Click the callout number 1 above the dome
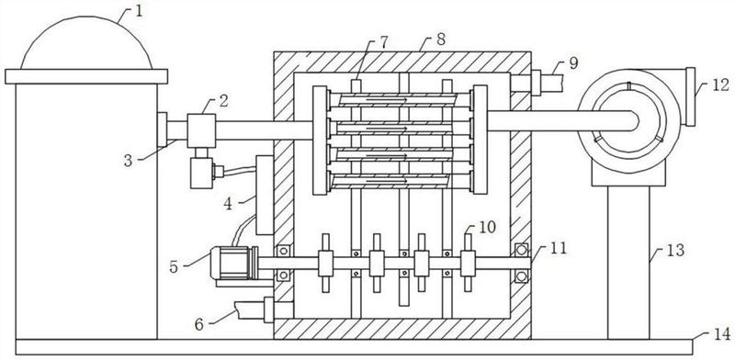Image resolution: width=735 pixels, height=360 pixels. pos(139,11)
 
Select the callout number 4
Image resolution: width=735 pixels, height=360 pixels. pos(228,204)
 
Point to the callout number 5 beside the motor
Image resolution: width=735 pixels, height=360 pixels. pos(174,266)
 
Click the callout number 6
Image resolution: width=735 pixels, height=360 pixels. pos(199,324)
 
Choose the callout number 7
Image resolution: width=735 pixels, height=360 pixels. pos(383,42)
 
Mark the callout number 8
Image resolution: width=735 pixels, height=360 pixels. pos(441,39)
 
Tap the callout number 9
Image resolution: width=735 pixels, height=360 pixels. pos(573,62)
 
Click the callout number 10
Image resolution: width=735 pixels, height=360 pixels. pos(488,227)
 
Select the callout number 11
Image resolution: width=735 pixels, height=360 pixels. pos(559,248)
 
